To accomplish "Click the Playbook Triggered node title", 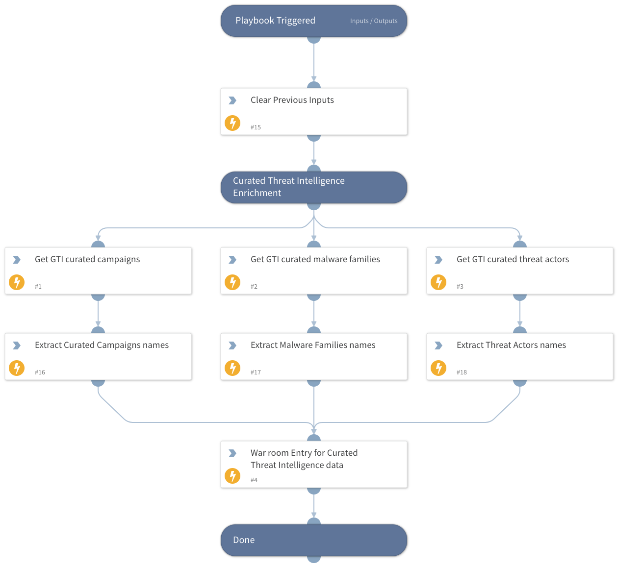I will pyautogui.click(x=275, y=21).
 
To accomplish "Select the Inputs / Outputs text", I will pyautogui.click(x=374, y=21).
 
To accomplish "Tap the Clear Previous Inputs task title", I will pyautogui.click(x=292, y=100).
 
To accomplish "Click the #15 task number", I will pyautogui.click(x=256, y=127).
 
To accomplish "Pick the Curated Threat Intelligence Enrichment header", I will pyautogui.click(x=288, y=187).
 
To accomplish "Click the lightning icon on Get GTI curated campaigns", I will pyautogui.click(x=17, y=282).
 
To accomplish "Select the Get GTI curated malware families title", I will pyautogui.click(x=315, y=259).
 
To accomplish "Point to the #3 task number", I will pyautogui.click(x=460, y=287).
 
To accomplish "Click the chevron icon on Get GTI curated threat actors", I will pyautogui.click(x=438, y=260).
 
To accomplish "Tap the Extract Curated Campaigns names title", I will pyautogui.click(x=102, y=345).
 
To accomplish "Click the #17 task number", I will pyautogui.click(x=256, y=372).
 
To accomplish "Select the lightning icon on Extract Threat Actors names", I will pyautogui.click(x=438, y=368).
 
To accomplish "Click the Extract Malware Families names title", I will pyautogui.click(x=313, y=345).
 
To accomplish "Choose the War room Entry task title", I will pyautogui.click(x=304, y=459).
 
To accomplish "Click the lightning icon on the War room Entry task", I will pyautogui.click(x=232, y=476).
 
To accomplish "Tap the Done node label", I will pyautogui.click(x=244, y=540).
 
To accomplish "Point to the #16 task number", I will pyautogui.click(x=40, y=372).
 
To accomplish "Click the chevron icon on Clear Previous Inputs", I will pyautogui.click(x=232, y=100).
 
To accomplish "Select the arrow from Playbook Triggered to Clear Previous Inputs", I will pyautogui.click(x=314, y=61).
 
